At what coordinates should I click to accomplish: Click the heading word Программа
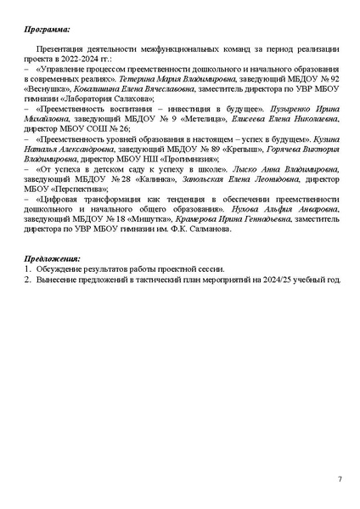[47, 29]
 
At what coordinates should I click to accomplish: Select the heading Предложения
[52, 258]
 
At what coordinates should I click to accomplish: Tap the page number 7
[340, 479]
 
